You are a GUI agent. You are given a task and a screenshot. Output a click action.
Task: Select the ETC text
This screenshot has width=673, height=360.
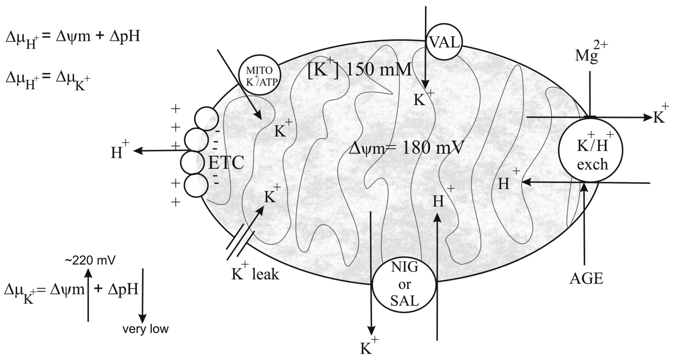tap(226, 163)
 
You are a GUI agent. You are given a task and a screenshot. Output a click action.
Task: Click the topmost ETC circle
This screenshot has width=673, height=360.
tap(206, 119)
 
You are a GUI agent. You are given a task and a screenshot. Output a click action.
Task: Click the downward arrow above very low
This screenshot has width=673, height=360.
tap(142, 295)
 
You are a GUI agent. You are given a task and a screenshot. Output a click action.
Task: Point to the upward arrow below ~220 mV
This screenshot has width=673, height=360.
tap(88, 295)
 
